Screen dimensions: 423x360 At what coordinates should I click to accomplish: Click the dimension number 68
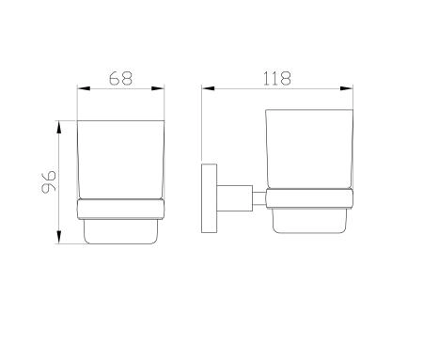coord(120,78)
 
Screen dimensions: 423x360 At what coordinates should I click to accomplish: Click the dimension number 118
coord(277,78)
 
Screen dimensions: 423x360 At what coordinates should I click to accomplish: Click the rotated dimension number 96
coord(49,182)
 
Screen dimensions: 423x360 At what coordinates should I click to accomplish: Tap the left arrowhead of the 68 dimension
coord(84,88)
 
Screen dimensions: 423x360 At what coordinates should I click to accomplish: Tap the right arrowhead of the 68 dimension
coord(158,88)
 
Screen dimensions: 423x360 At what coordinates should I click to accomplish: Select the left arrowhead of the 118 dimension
coord(209,88)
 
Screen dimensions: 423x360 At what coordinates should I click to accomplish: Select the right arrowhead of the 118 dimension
coord(347,88)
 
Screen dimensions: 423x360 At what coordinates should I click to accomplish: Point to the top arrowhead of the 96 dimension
coord(59,127)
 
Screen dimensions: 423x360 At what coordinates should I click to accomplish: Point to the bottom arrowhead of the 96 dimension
coord(59,237)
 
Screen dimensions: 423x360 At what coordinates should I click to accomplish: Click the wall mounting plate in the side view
coord(209,198)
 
